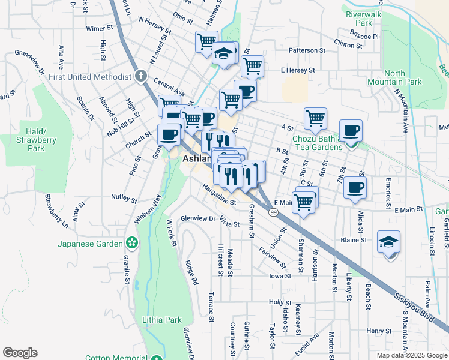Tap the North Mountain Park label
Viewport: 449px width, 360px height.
(403, 77)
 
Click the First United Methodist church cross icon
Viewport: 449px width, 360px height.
(140, 77)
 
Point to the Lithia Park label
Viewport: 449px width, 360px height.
(162, 320)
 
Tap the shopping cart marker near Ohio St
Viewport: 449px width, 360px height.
(206, 42)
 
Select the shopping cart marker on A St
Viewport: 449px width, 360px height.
(315, 118)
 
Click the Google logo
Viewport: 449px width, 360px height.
(20, 353)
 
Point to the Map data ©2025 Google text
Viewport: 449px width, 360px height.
(412, 355)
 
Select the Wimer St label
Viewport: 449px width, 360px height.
(100, 28)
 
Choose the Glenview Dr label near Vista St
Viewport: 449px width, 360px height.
(199, 219)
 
